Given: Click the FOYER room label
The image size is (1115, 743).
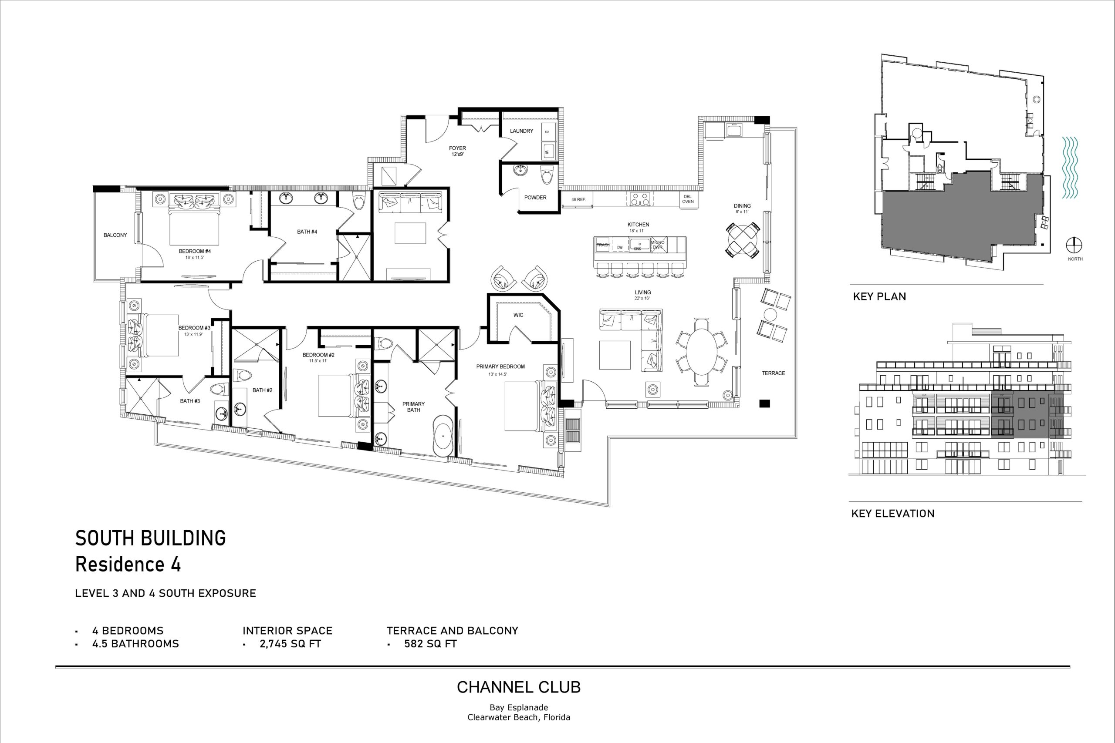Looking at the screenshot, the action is click(457, 148).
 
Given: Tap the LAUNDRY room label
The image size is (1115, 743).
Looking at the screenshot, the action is click(521, 131).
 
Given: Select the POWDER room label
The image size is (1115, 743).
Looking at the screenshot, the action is click(535, 198).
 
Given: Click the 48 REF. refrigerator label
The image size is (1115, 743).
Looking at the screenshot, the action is click(578, 200).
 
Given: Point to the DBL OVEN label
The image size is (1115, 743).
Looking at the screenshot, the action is click(688, 199).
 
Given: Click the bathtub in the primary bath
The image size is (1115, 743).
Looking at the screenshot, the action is click(443, 435).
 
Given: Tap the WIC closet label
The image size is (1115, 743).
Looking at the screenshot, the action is click(518, 315).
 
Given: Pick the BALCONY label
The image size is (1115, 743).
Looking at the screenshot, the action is click(115, 235).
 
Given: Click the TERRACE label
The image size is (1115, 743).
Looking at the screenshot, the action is click(773, 373).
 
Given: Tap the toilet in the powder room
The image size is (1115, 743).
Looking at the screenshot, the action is click(547, 175).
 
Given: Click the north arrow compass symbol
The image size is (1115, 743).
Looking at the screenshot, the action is click(1074, 245).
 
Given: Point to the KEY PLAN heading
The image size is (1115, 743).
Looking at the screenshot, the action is click(879, 296).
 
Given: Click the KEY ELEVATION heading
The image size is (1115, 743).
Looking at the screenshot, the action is click(893, 513).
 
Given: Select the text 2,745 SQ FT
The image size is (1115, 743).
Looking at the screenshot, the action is click(290, 643).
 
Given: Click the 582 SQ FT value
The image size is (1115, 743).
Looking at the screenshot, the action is click(430, 643).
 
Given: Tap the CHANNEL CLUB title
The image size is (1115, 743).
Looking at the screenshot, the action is click(519, 687).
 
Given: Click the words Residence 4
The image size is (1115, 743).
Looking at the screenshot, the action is click(128, 565).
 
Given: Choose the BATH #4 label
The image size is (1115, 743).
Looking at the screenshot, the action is click(307, 232).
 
